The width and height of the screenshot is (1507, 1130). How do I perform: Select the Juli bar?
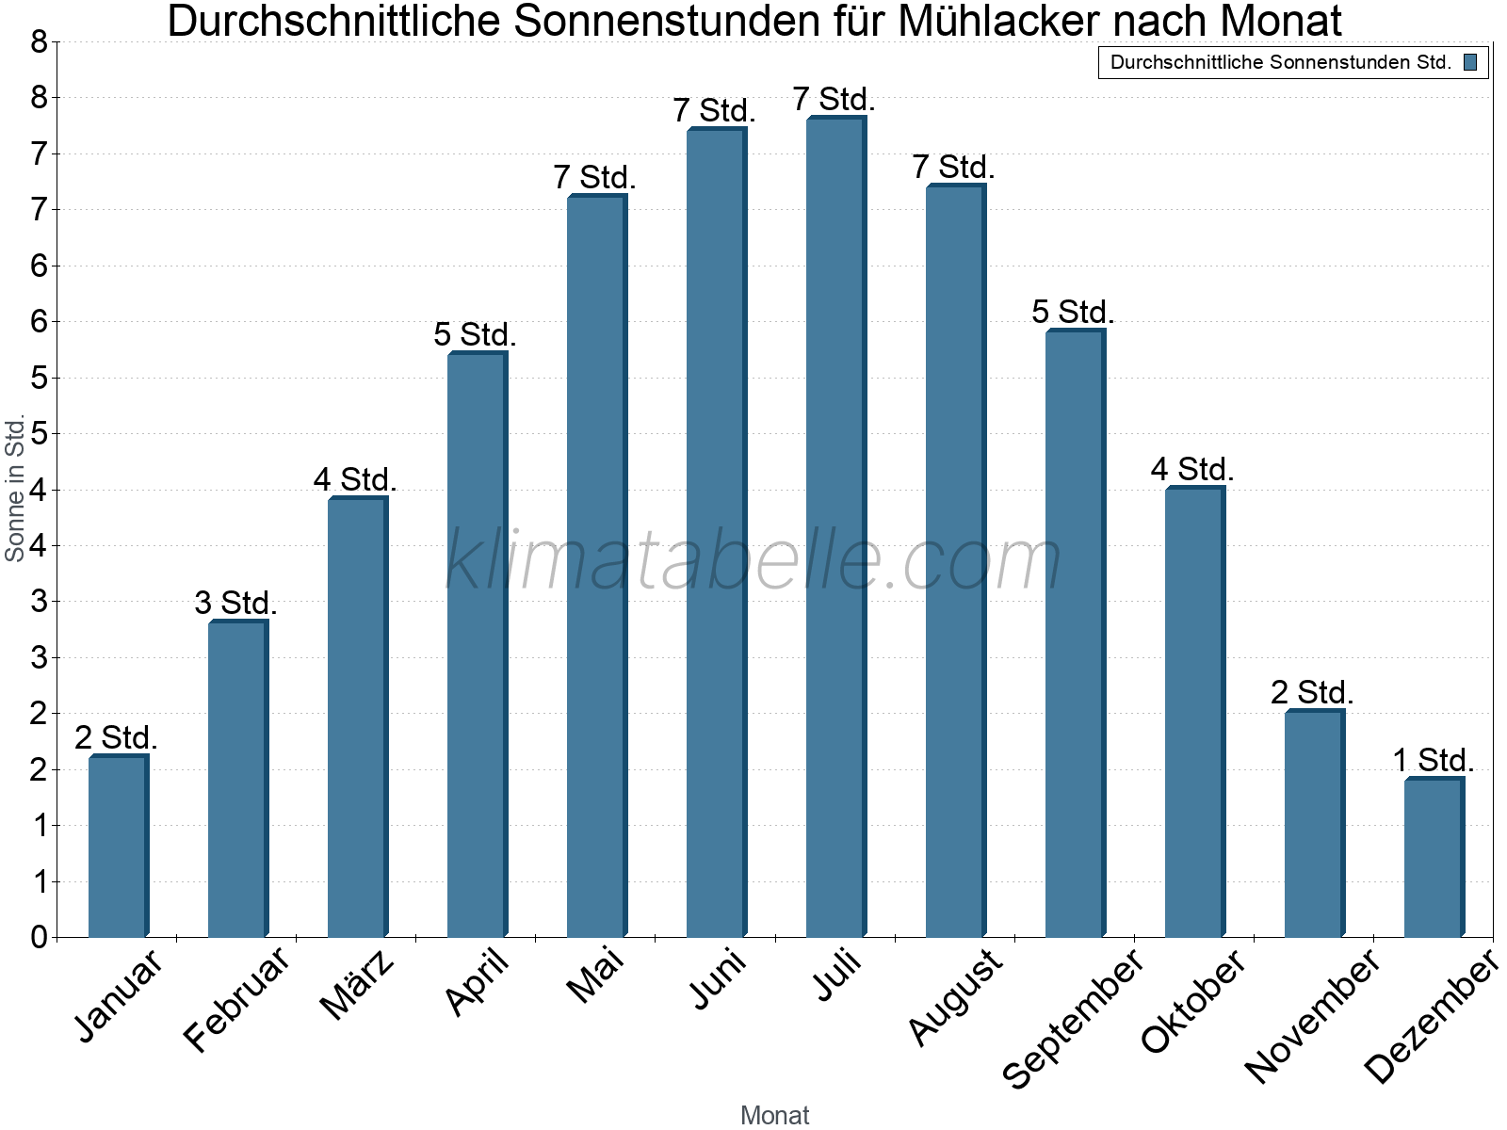[x=835, y=527]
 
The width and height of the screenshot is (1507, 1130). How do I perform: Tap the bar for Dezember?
[x=1434, y=857]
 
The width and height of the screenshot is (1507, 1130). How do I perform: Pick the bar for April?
[x=477, y=645]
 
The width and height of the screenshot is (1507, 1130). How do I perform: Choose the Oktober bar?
[x=1194, y=712]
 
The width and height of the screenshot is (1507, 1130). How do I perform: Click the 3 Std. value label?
[x=235, y=603]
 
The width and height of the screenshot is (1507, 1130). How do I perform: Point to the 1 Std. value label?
[x=1434, y=760]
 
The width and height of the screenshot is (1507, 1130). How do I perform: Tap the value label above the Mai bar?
[x=595, y=177]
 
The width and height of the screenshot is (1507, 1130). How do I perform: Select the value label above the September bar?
[x=1073, y=312]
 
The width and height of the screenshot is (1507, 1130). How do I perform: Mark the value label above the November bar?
[x=1312, y=693]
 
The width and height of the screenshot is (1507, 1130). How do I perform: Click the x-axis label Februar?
[x=236, y=999]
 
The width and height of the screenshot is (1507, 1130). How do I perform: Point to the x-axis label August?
[x=955, y=996]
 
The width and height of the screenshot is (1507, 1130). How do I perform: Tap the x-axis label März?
[x=357, y=985]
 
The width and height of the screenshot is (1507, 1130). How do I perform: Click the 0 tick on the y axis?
[x=39, y=937]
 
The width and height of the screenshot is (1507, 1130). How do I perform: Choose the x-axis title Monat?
[x=774, y=1115]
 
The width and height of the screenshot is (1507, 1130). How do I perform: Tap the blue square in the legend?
[x=1470, y=63]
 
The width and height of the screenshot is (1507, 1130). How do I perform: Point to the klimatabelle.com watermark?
[x=753, y=560]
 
